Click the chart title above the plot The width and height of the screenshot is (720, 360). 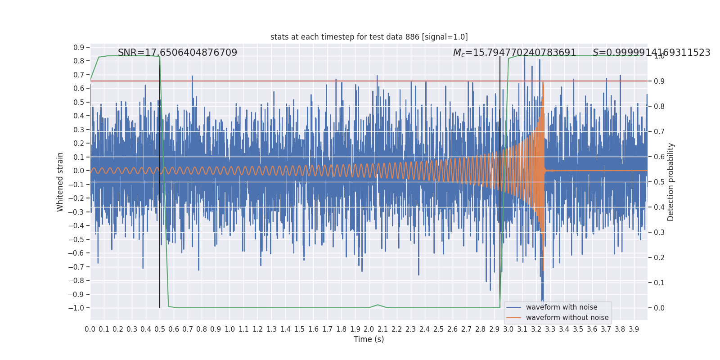(x=369, y=37)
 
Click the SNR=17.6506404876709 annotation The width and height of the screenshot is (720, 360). (x=177, y=53)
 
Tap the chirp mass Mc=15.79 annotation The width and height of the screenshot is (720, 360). (x=514, y=53)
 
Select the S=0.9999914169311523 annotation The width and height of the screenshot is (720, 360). (x=651, y=53)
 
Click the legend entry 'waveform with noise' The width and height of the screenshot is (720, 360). (x=561, y=307)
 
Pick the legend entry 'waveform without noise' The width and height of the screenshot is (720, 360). (x=567, y=318)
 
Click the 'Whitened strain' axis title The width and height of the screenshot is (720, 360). (x=60, y=182)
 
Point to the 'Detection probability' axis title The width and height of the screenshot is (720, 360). (x=671, y=182)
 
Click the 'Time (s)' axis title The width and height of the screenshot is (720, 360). (x=369, y=339)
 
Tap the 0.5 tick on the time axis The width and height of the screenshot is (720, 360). (x=160, y=329)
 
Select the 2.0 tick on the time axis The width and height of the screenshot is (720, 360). (x=369, y=329)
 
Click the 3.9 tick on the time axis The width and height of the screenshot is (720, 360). (x=634, y=329)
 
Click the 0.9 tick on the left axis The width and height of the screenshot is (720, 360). (x=79, y=47)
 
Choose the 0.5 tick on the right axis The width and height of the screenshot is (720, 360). (x=659, y=182)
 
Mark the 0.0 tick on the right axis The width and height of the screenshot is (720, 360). (x=659, y=308)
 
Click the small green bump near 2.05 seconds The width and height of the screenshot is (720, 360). (x=378, y=305)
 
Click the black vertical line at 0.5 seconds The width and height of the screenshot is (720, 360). (x=160, y=270)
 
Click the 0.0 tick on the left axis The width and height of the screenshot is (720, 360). (x=79, y=171)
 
